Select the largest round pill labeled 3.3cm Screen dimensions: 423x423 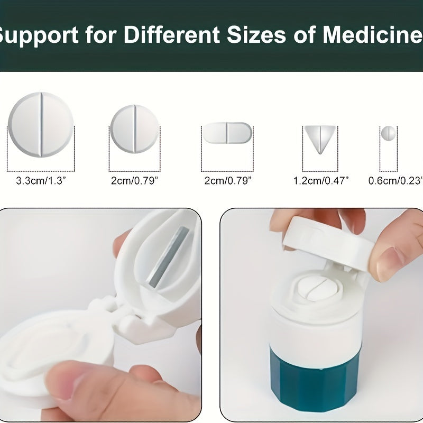pyautogui.click(x=41, y=124)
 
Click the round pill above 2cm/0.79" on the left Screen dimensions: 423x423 pyautogui.click(x=134, y=129)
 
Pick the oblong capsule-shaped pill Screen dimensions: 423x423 pyautogui.click(x=227, y=132)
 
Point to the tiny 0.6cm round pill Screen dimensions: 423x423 pyautogui.click(x=389, y=133)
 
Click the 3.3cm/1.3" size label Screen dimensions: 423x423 pyautogui.click(x=41, y=181)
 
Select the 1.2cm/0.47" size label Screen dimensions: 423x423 pyautogui.click(x=321, y=181)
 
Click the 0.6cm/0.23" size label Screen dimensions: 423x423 pyautogui.click(x=395, y=181)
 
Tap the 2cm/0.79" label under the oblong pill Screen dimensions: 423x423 pyautogui.click(x=227, y=181)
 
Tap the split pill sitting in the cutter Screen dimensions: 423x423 pyautogui.click(x=311, y=289)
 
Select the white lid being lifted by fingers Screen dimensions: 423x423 pyautogui.click(x=328, y=238)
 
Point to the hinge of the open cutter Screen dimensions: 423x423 pyautogui.click(x=114, y=317)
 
